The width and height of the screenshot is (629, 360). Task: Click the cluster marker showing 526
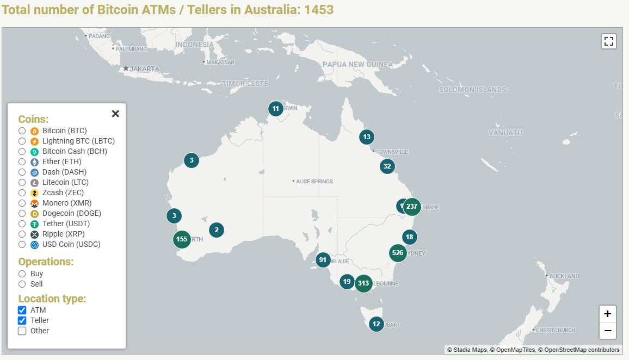[x=398, y=253]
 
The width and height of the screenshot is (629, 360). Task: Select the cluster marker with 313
[x=363, y=283]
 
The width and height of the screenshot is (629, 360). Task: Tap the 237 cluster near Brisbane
[x=412, y=207]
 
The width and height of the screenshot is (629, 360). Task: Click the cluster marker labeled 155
[x=182, y=239]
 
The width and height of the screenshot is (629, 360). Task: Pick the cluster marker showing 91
[x=323, y=260]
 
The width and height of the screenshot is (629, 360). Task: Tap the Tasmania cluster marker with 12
[x=376, y=324]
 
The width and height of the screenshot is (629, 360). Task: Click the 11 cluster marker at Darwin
[x=276, y=109]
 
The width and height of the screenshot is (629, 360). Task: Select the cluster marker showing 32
[x=387, y=166]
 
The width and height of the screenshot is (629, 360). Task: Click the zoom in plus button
[x=608, y=314]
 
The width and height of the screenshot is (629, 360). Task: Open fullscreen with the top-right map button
[x=608, y=41]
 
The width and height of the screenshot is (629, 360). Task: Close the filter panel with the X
[x=115, y=114]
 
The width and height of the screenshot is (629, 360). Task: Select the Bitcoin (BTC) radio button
[x=22, y=131]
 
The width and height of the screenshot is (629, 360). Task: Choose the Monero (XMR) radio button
[x=22, y=203]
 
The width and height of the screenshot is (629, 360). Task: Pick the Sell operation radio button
[x=22, y=284]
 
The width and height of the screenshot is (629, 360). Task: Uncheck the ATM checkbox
[x=22, y=310]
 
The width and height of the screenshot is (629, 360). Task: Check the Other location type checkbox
[x=22, y=331]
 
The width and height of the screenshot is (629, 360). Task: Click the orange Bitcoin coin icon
[x=34, y=131]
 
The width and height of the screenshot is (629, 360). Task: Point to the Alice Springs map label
[x=314, y=181]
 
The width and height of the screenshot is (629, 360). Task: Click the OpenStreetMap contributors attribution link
[x=581, y=350]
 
